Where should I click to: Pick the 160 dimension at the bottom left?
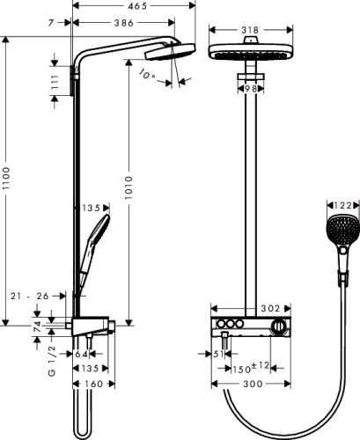pyautogui.click(x=93, y=385)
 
